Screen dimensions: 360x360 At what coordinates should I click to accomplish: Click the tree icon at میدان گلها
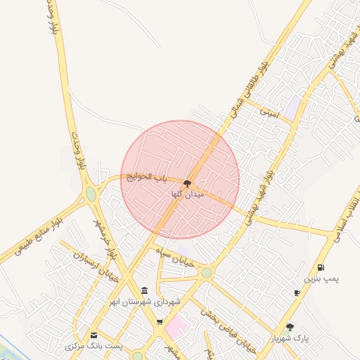pos(186,183)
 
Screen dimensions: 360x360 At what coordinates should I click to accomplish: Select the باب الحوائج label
pos(149,177)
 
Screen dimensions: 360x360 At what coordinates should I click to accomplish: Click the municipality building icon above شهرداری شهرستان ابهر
pos(144,290)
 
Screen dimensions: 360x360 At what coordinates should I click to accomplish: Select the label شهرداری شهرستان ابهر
pos(144,302)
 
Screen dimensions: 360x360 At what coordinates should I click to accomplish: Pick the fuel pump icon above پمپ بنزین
pos(321,267)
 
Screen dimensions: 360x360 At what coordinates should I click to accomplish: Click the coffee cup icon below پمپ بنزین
pos(297,292)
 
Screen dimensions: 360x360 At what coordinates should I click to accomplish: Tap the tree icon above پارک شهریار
pos(290,327)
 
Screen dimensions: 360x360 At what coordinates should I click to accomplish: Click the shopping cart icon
pos(160,322)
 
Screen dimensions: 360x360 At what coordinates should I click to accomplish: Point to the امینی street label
pos(270,112)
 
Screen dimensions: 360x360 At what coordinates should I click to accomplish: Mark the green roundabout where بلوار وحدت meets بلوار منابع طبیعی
pos(91,193)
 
